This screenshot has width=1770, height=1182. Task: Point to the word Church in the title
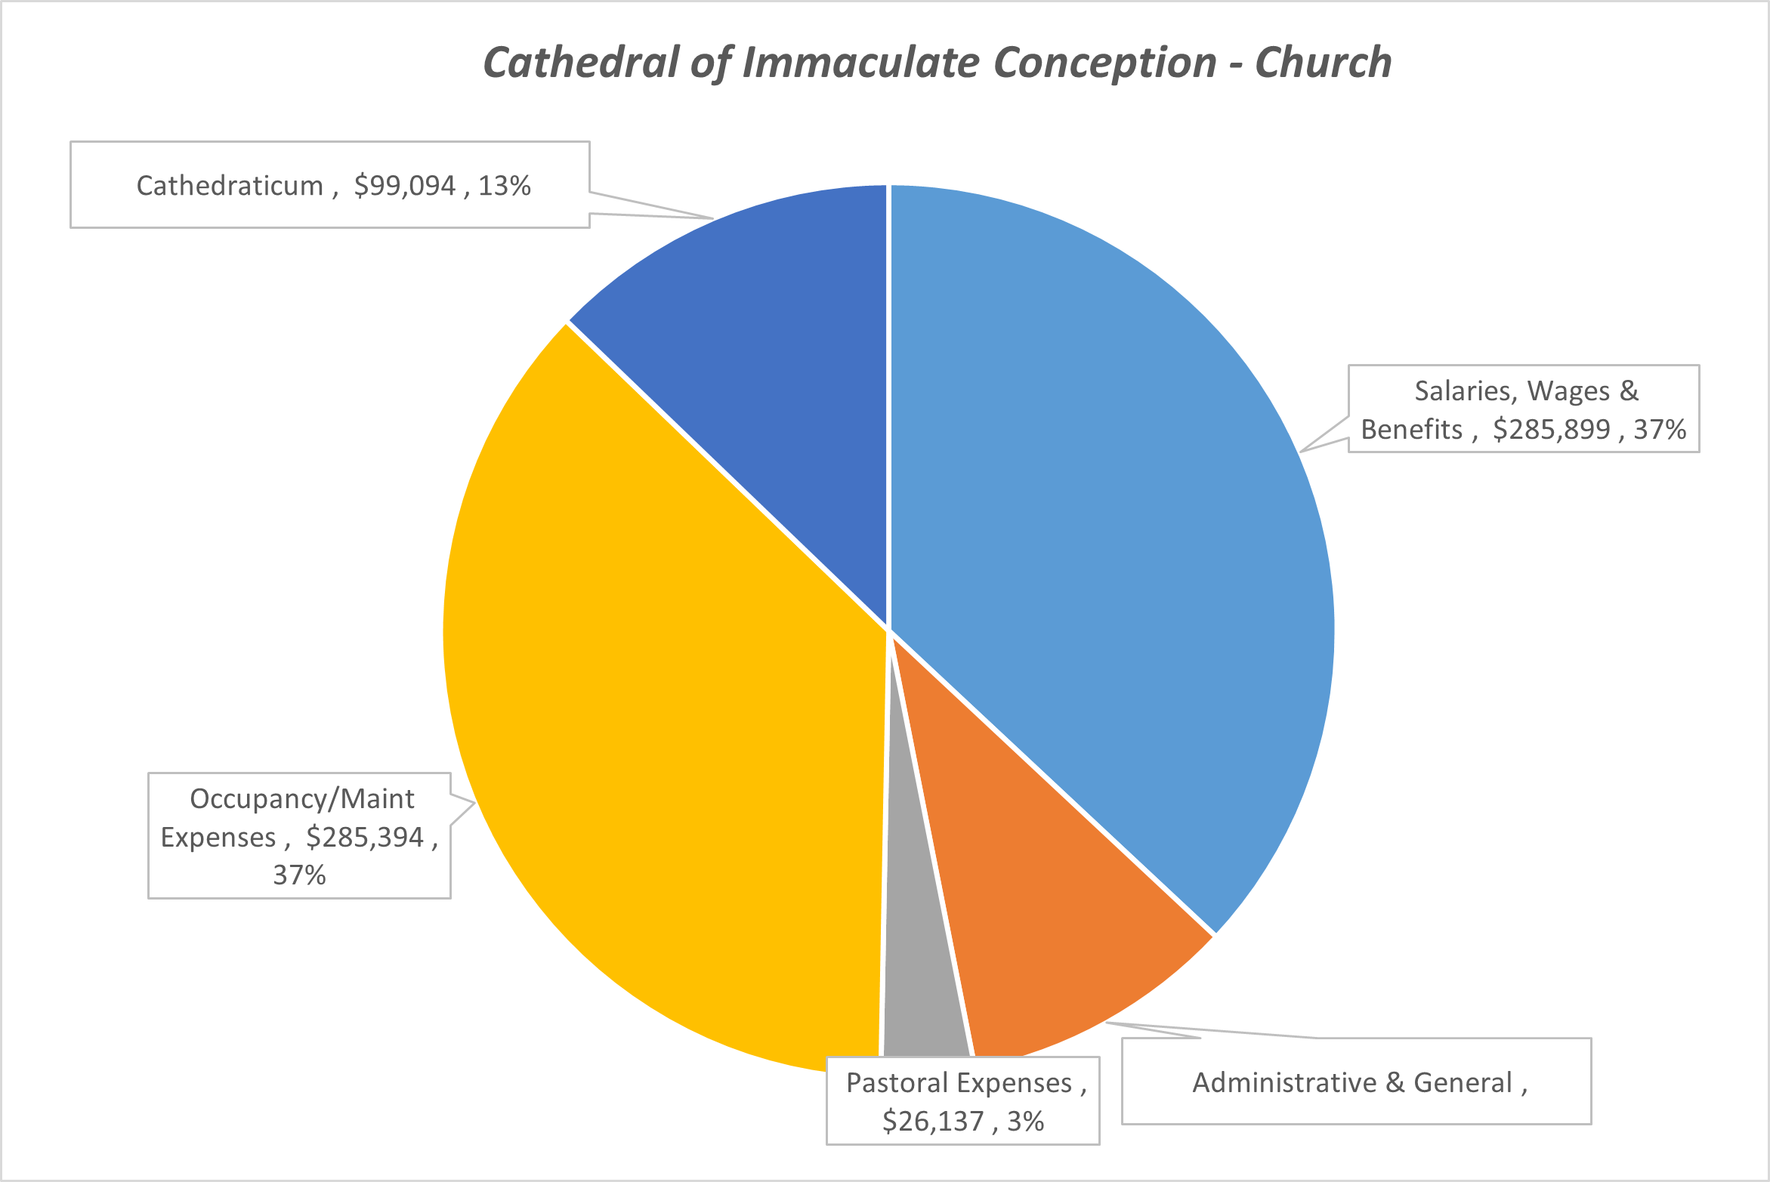pos(1323,62)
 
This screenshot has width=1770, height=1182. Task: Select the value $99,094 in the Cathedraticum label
pos(405,186)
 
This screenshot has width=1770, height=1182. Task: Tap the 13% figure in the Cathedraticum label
pos(504,186)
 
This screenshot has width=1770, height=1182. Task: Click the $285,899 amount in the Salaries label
pos(1552,430)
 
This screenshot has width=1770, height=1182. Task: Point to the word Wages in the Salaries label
pos(1569,391)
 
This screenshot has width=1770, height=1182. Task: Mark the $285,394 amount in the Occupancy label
pos(365,838)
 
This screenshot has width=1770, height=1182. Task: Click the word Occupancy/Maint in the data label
pos(301,799)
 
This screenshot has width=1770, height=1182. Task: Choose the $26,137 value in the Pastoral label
pos(933,1122)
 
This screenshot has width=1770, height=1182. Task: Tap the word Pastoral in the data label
pos(894,1083)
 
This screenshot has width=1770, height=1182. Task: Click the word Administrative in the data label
pos(1284,1083)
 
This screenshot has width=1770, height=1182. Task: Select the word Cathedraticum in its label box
pos(230,186)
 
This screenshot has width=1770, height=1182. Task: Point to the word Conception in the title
pos(1104,62)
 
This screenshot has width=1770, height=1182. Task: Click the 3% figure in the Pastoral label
pos(1025,1122)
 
